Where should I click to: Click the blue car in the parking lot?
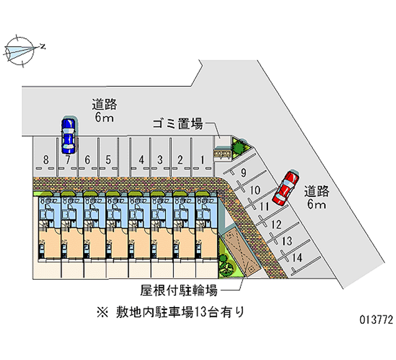(x=67, y=135)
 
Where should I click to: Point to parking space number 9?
(x=243, y=173)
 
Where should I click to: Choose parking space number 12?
(x=276, y=224)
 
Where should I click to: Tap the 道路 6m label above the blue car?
(x=104, y=110)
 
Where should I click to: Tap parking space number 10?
(x=255, y=190)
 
